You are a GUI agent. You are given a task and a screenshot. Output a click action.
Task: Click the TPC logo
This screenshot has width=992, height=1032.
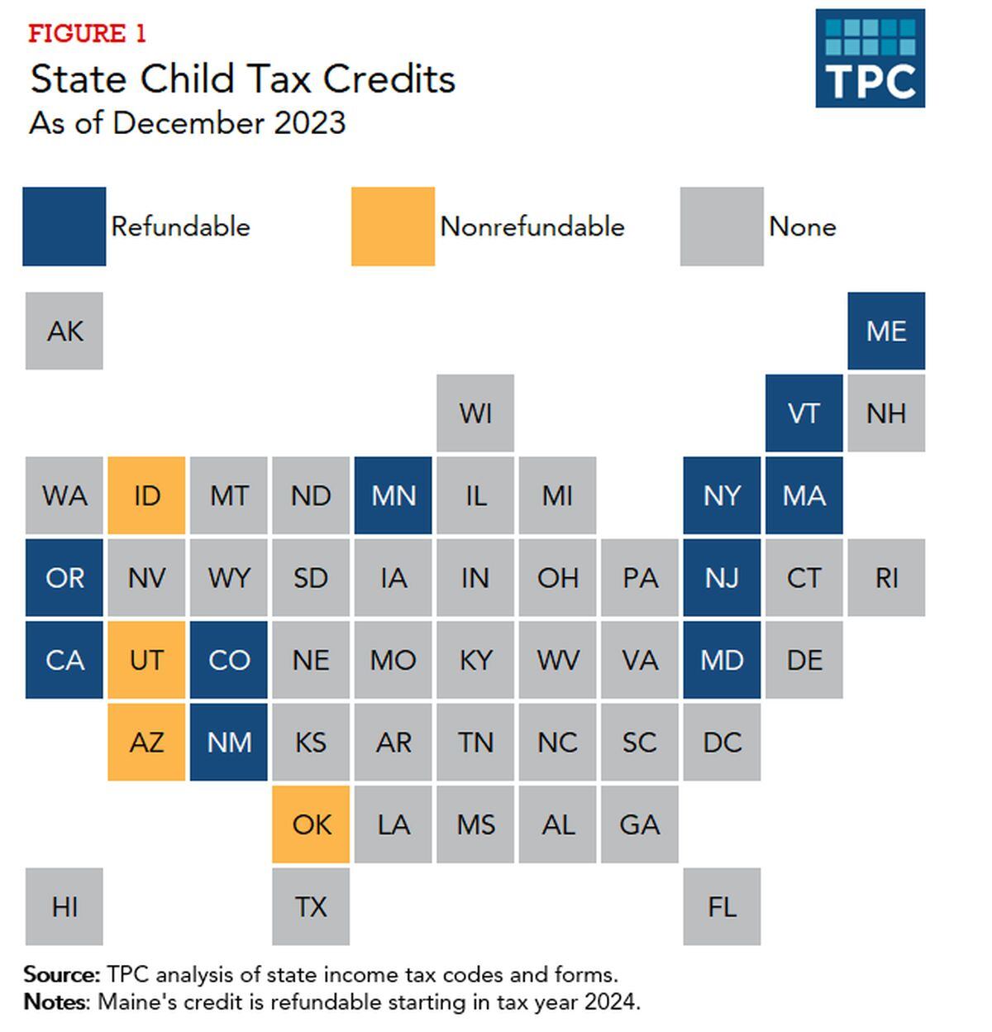(x=870, y=58)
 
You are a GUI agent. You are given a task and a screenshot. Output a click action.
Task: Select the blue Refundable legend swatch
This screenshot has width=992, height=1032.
(x=64, y=227)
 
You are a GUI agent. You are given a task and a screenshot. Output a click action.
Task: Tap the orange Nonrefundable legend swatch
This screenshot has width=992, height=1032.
(x=393, y=227)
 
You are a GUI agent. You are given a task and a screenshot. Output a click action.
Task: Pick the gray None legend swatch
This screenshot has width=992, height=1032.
(x=721, y=227)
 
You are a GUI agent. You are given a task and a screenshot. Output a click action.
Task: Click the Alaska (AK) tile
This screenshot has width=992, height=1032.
(x=64, y=331)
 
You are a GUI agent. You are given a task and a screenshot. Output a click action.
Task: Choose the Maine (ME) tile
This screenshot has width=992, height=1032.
(x=886, y=331)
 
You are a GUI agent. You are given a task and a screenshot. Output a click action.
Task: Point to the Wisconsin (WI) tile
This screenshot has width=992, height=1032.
(x=475, y=413)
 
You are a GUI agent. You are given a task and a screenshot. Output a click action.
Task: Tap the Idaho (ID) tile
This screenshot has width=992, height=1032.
(x=146, y=495)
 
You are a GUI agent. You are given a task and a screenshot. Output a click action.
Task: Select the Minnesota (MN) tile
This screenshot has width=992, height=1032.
(x=393, y=495)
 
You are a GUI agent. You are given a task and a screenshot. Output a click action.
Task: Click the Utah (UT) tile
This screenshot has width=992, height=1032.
(x=146, y=660)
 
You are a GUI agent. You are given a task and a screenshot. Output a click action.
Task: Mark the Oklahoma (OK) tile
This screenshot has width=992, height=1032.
(x=311, y=824)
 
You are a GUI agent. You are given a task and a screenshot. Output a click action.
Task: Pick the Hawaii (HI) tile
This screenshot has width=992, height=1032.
(x=64, y=906)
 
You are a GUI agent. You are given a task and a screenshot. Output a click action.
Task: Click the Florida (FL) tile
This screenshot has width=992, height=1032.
(x=722, y=906)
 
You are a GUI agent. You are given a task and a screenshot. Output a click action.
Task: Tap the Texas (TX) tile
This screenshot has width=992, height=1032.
(x=311, y=906)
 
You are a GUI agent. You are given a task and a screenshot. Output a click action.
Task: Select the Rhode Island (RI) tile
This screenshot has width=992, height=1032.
(x=886, y=577)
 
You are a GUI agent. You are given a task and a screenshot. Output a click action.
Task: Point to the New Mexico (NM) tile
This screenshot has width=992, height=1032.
(x=229, y=742)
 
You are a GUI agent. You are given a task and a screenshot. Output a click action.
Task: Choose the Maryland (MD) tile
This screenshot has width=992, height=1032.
(x=722, y=660)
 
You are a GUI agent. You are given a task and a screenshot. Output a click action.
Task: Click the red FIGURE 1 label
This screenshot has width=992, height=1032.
(x=87, y=34)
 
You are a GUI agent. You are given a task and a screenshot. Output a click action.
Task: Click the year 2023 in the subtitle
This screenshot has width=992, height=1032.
(x=309, y=123)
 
